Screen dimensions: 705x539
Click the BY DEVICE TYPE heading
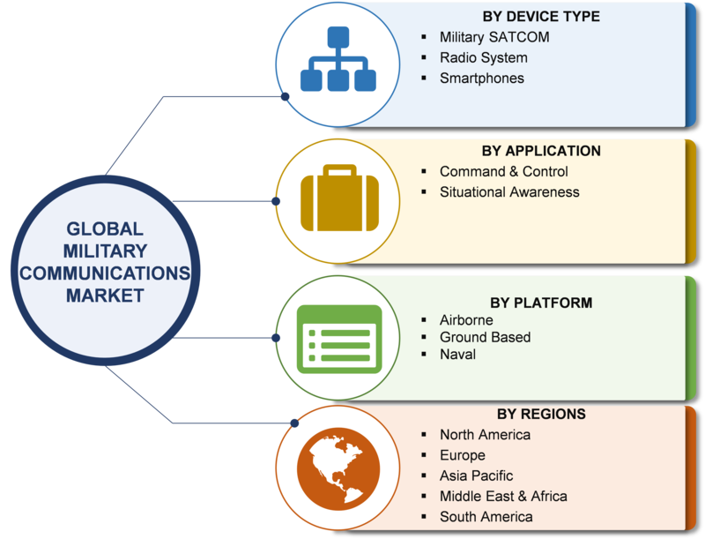tap(541, 17)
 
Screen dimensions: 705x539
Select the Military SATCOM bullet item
tap(494, 37)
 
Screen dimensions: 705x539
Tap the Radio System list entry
tap(483, 57)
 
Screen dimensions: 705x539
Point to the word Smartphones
tap(481, 79)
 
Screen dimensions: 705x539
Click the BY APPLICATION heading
tap(541, 151)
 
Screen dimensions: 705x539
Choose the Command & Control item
tap(503, 171)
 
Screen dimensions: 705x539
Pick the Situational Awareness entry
tap(509, 192)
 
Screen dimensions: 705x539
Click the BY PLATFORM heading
tap(541, 303)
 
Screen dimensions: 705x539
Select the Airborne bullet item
tap(466, 320)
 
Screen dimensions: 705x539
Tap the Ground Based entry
tap(486, 337)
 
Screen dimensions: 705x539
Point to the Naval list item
tap(457, 354)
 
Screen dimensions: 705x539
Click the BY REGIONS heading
tap(541, 414)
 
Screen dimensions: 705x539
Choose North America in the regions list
tap(486, 435)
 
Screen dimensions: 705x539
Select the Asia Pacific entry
tap(476, 475)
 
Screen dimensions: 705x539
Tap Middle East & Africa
tap(503, 497)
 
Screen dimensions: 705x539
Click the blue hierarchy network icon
tap(338, 59)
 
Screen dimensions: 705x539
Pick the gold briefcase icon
tap(339, 198)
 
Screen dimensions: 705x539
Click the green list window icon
tap(339, 340)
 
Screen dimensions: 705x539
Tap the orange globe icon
tap(338, 468)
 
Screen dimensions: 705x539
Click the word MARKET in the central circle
tap(105, 296)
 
